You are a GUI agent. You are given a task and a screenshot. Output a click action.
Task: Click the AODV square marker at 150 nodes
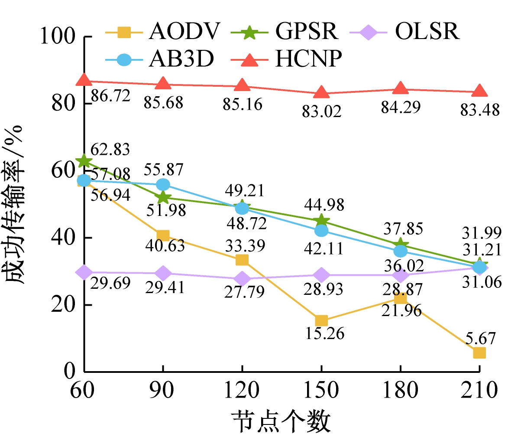click(321, 321)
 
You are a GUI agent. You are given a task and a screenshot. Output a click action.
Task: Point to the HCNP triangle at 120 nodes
click(242, 85)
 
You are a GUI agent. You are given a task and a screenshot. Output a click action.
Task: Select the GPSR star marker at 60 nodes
click(84, 161)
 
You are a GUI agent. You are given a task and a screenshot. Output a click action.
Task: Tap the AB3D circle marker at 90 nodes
click(163, 185)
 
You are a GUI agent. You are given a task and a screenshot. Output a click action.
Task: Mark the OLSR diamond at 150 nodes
click(321, 275)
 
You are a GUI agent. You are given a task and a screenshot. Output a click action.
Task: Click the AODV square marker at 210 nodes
click(479, 352)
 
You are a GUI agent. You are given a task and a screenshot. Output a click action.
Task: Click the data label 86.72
click(111, 96)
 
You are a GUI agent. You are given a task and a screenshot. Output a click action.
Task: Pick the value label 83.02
click(322, 111)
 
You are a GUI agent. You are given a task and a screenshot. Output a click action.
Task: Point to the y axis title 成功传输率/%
click(16, 204)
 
